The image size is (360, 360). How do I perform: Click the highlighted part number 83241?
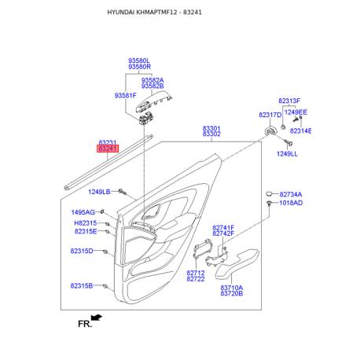(108, 149)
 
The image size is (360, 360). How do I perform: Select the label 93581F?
(126, 96)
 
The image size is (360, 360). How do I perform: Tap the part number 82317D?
(270, 115)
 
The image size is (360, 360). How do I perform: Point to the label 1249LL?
(287, 154)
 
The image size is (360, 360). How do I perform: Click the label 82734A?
(291, 194)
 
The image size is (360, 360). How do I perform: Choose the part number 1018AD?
(291, 203)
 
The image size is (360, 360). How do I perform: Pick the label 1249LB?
(99, 192)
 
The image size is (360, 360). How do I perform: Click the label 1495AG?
(83, 212)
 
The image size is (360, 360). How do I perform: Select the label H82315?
(86, 223)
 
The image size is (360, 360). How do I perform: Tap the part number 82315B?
(82, 285)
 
